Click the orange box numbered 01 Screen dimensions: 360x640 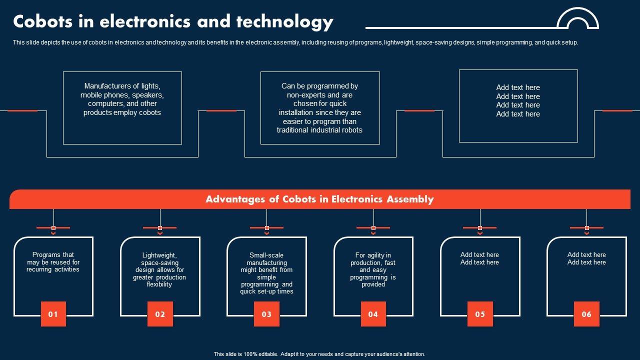(x=53, y=314)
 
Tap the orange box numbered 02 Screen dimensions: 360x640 (x=160, y=314)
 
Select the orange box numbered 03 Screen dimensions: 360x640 (x=266, y=314)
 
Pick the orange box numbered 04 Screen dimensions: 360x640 (x=373, y=314)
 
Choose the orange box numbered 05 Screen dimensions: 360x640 (x=480, y=314)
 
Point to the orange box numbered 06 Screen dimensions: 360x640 (x=586, y=314)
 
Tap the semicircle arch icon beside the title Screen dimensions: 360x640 (x=577, y=19)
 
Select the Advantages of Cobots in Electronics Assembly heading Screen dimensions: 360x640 (x=319, y=199)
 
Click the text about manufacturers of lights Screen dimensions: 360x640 (x=122, y=99)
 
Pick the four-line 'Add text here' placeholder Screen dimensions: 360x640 (x=518, y=101)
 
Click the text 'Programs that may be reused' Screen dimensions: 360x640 (x=53, y=262)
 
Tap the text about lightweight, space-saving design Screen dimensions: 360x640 (x=159, y=270)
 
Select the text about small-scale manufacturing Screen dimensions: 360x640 (x=266, y=273)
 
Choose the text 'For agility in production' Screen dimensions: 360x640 (x=373, y=270)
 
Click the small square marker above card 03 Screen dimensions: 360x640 (x=266, y=228)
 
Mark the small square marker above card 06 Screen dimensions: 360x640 (x=586, y=228)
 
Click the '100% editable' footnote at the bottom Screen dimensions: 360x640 (x=319, y=354)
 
